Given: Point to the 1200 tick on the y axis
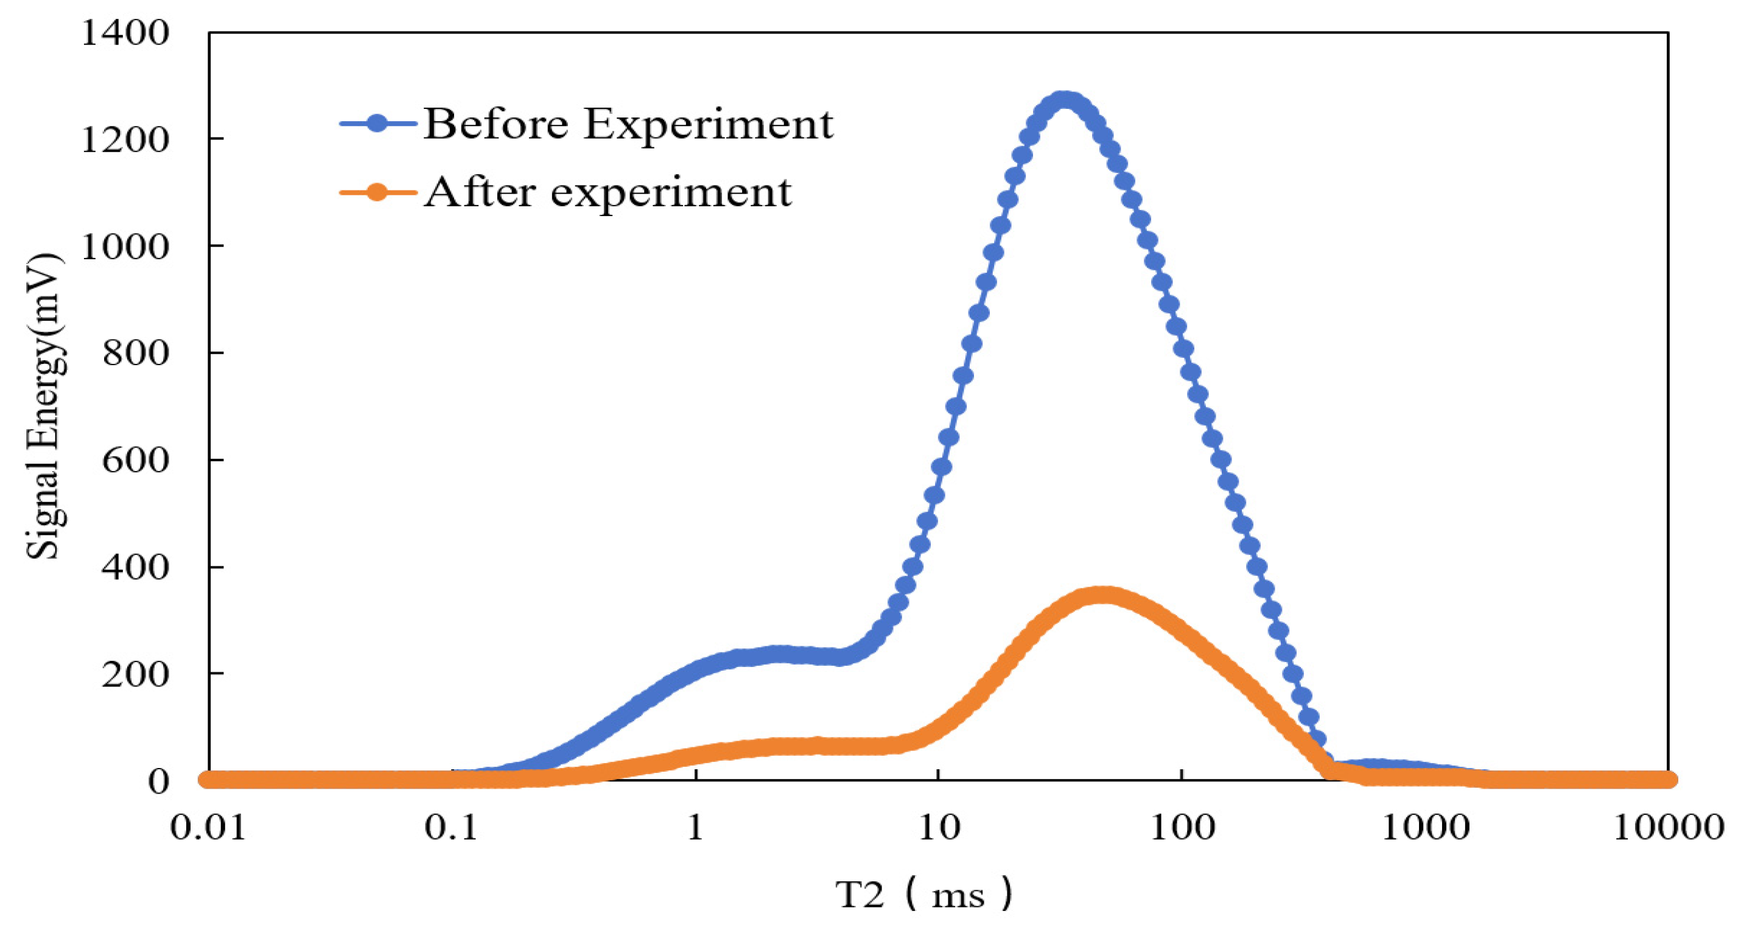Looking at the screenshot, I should tap(124, 140).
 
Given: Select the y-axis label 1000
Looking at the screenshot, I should tap(124, 246).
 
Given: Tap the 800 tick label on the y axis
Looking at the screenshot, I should tap(135, 353).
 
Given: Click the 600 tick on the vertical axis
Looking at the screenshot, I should tap(135, 460).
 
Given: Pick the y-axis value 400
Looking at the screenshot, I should tap(135, 567).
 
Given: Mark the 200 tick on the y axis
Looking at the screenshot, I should tap(135, 674).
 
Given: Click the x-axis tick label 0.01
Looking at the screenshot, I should tap(208, 827).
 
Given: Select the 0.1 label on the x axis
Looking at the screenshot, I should tap(452, 827).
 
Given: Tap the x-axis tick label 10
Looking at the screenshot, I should tap(939, 827).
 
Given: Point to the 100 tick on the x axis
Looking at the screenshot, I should tap(1182, 827).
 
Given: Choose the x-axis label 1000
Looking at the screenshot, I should tap(1426, 827).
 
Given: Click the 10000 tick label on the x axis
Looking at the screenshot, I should tap(1668, 827).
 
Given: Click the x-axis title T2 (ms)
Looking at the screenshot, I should tap(924, 894).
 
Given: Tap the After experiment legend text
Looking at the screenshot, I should tap(608, 192).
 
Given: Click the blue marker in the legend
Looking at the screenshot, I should tap(378, 124).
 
